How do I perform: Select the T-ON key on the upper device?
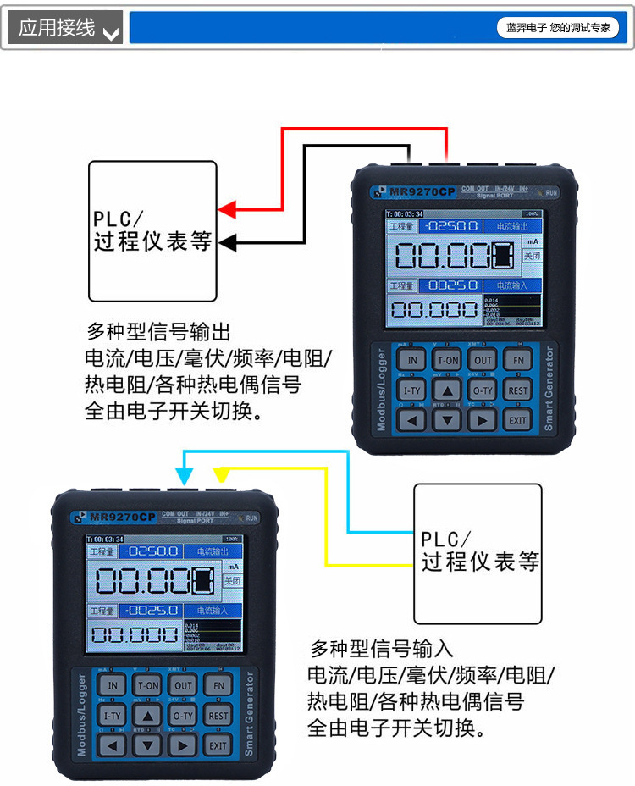pos(448,360)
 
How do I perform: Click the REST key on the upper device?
pos(517,390)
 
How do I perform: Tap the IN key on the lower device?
pos(113,685)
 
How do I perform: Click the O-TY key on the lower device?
pos(184,716)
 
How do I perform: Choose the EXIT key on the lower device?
pos(218,745)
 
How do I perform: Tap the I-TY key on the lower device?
pos(113,716)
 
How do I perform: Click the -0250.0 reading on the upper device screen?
pos(452,227)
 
